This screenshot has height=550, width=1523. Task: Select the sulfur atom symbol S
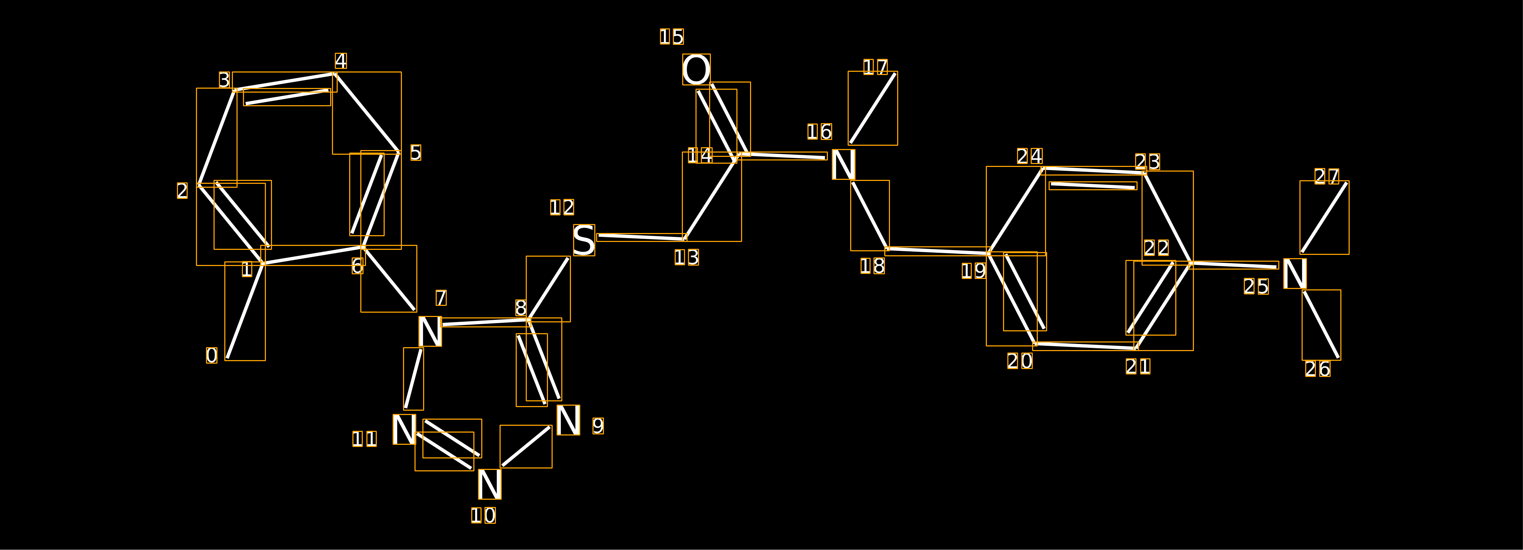pos(584,240)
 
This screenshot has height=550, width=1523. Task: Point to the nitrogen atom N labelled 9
pos(568,420)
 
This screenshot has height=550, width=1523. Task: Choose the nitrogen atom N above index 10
pos(489,484)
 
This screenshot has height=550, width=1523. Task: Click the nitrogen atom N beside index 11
pos(404,429)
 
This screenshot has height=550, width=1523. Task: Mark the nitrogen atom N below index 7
pos(430,331)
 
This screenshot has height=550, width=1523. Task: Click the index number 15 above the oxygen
pos(672,37)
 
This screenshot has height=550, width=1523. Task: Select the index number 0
pos(212,355)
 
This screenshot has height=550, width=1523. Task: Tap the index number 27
pos(1327,176)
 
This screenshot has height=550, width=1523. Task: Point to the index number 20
pos(1020,361)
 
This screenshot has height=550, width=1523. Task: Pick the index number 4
pos(341,61)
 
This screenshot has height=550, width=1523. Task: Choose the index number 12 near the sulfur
pos(562,208)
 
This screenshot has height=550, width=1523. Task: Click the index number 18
pos(873,266)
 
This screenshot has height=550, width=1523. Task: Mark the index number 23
pos(1148,162)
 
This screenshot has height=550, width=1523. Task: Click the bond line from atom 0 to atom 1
pos(245,311)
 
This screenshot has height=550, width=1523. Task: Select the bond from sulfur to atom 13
pos(642,237)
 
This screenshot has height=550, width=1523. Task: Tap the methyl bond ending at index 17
pos(873,108)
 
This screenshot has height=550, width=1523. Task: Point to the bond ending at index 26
pos(1321,325)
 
